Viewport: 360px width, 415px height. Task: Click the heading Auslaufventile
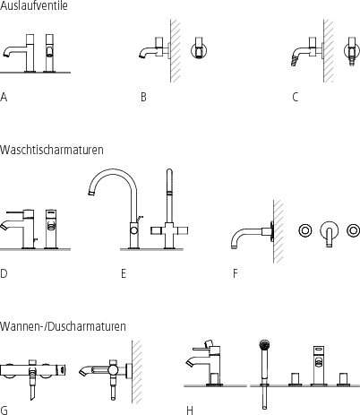(33, 5)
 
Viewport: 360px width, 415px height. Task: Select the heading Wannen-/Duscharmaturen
(63, 326)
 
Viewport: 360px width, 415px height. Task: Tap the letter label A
(4, 96)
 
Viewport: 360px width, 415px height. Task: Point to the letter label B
(143, 96)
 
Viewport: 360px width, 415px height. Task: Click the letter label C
(295, 96)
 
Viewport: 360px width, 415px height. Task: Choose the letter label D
(4, 273)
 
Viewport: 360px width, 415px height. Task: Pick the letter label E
(124, 273)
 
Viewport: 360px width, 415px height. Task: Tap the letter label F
(235, 273)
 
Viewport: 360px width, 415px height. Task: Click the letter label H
(190, 411)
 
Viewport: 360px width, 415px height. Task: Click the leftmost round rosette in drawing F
(304, 231)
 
